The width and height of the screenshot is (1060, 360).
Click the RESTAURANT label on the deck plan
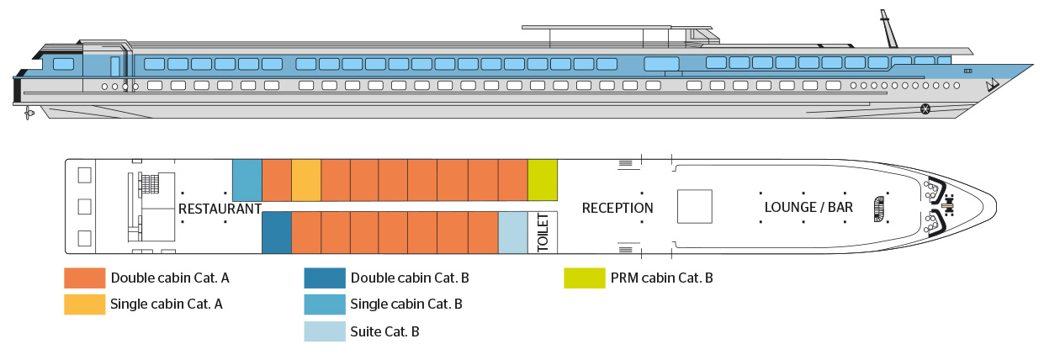(220, 208)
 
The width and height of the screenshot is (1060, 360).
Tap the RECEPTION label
(617, 208)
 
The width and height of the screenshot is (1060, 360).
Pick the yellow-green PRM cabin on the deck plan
(543, 179)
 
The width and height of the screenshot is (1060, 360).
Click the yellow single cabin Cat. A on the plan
(306, 179)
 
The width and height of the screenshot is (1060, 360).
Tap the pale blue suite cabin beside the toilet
(512, 233)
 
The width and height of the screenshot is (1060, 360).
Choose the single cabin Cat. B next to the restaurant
(246, 179)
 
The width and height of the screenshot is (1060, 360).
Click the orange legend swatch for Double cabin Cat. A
(85, 278)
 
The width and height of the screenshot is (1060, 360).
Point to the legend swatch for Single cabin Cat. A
(85, 304)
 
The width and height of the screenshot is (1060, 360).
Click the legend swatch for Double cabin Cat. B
(325, 278)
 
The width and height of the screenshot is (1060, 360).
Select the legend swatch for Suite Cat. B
(325, 331)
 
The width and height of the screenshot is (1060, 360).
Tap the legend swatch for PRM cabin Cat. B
(584, 278)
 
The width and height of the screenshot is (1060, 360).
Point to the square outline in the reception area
(695, 206)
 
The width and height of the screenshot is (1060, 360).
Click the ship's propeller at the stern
(29, 112)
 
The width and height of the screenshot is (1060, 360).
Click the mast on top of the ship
(888, 29)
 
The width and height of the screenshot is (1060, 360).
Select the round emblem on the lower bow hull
(926, 108)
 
